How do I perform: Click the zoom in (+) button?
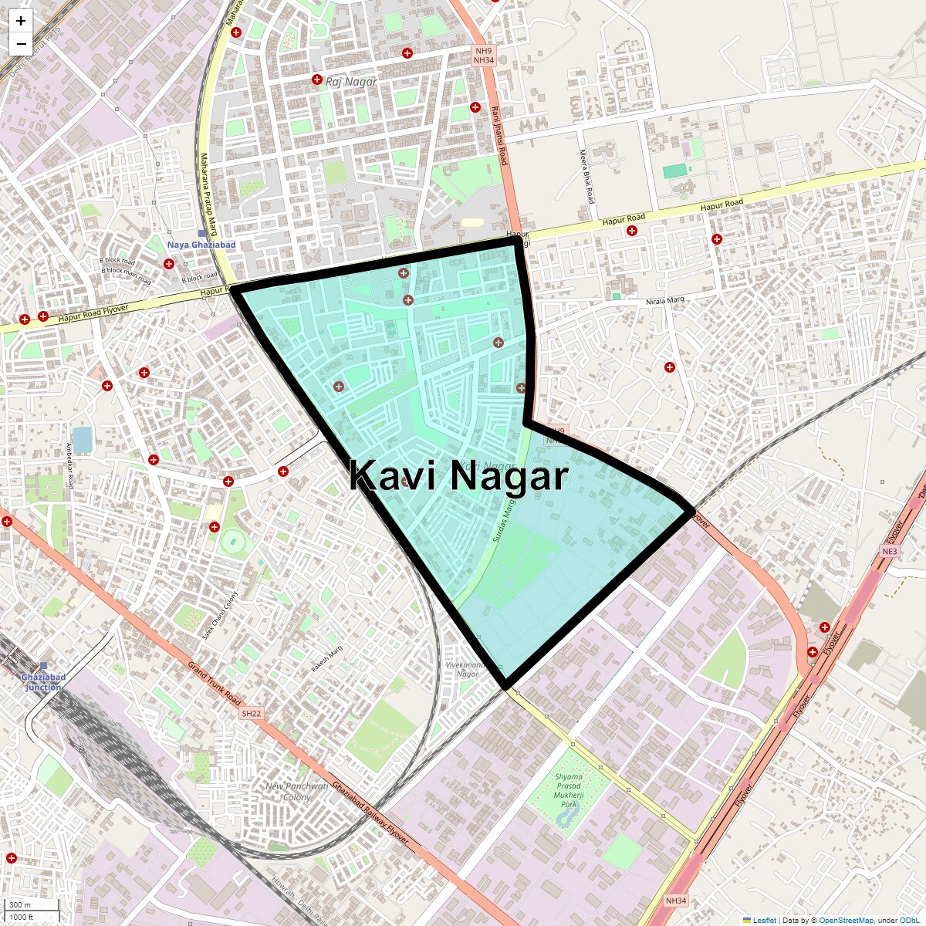[x=21, y=21]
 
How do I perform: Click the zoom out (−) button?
[x=21, y=44]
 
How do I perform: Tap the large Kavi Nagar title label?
[x=458, y=476]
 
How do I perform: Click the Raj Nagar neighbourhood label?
[x=351, y=82]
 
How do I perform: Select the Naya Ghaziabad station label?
[x=201, y=245]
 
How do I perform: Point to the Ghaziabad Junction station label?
[x=43, y=682]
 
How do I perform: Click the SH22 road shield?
[x=252, y=714]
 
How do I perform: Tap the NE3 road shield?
[x=890, y=552]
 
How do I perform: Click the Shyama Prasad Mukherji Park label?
[x=569, y=790]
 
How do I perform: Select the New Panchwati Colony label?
[x=297, y=792]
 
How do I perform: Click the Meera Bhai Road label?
[x=586, y=177]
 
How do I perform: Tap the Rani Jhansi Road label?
[x=499, y=135]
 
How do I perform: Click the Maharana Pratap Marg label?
[x=208, y=193]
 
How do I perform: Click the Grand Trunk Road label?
[x=215, y=684]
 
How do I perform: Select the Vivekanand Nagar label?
[x=467, y=669]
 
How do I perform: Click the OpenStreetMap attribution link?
[x=846, y=920]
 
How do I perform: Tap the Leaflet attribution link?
[x=764, y=920]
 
